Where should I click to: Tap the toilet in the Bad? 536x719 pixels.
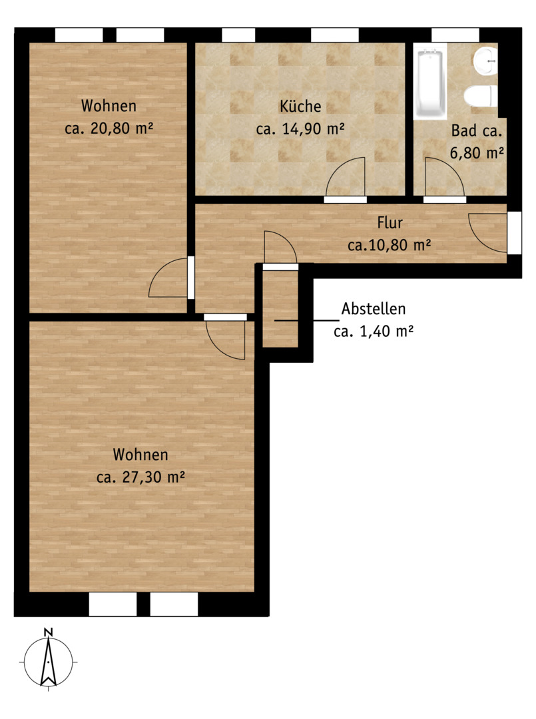[479, 97]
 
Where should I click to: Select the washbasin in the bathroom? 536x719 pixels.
[485, 61]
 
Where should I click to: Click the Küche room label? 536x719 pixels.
[300, 106]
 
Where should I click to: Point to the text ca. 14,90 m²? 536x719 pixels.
[300, 129]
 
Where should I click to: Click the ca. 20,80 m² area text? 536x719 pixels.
[109, 128]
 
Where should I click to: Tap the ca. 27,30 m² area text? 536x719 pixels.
[140, 477]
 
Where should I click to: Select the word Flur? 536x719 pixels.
[390, 223]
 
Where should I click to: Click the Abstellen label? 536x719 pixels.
[374, 309]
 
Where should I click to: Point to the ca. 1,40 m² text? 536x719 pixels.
[374, 331]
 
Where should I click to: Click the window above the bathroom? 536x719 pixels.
[455, 35]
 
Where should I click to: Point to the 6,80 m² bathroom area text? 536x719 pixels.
[477, 152]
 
